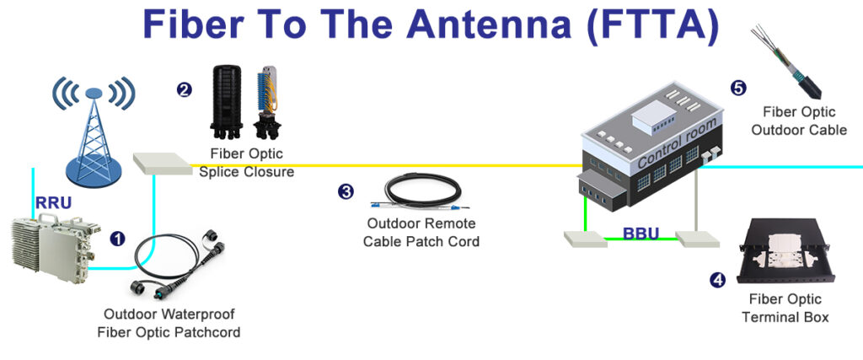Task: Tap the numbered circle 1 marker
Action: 118,239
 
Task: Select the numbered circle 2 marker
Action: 185,89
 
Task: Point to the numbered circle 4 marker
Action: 717,279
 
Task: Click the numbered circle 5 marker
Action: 738,88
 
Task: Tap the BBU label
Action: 641,233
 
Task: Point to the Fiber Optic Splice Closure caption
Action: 247,163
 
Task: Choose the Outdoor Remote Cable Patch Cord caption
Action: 421,233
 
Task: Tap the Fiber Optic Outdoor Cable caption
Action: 798,121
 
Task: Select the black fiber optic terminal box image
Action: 786,253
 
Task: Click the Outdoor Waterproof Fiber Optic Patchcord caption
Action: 169,324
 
